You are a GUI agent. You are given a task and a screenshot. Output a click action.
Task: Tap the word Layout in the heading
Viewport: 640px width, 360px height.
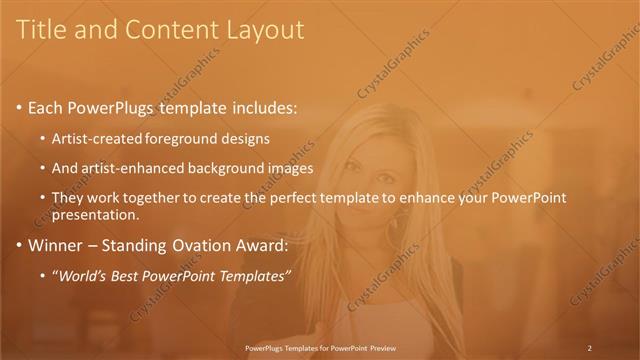pyautogui.click(x=264, y=30)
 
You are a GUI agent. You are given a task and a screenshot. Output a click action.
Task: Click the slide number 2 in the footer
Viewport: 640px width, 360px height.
pyautogui.click(x=590, y=348)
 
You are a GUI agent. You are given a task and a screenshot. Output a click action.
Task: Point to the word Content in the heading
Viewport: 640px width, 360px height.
pyautogui.click(x=168, y=30)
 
